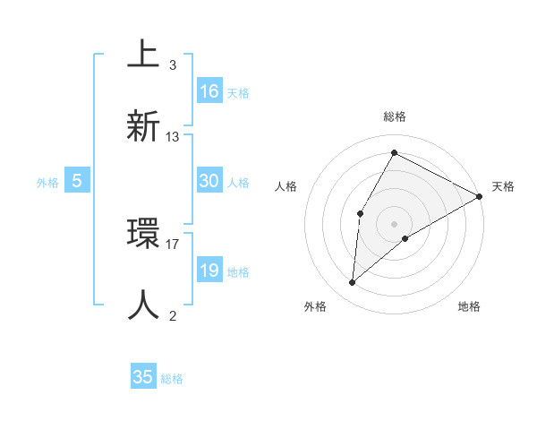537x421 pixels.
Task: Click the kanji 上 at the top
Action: (143, 55)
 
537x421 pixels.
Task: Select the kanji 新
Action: (143, 125)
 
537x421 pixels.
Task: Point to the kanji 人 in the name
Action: (143, 305)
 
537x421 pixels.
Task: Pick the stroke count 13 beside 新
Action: (173, 137)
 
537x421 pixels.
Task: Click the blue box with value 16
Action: (209, 91)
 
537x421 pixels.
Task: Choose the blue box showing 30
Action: (209, 181)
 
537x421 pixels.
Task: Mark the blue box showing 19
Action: (209, 271)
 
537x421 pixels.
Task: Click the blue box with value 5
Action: (77, 181)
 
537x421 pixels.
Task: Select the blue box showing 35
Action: (143, 377)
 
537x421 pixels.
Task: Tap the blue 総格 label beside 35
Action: (172, 379)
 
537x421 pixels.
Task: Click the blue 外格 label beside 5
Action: (47, 183)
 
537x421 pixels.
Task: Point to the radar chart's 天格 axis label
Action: (503, 186)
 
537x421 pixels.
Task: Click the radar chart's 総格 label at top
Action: (395, 116)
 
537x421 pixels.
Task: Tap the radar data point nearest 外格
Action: (353, 283)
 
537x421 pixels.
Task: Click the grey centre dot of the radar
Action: (394, 223)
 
